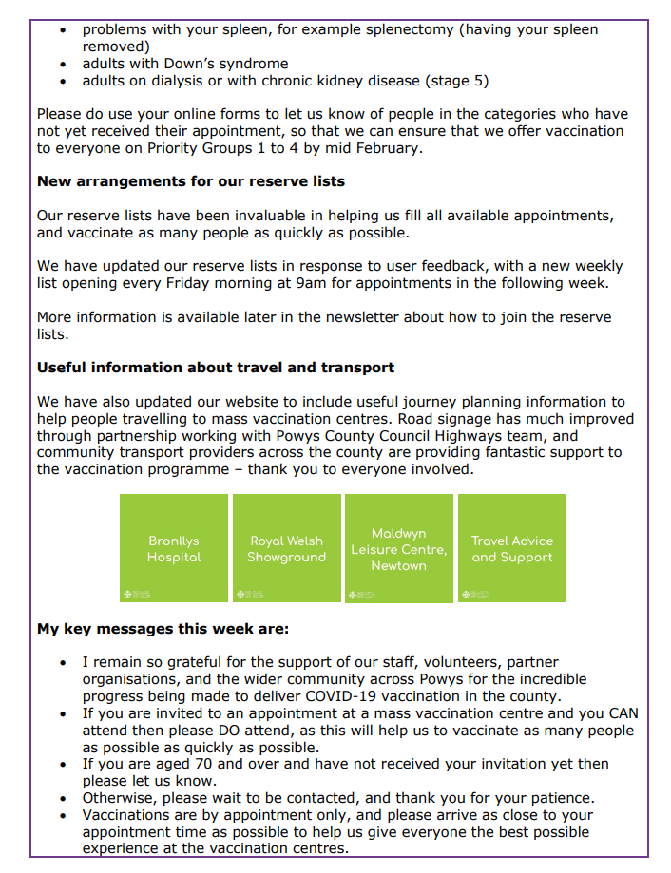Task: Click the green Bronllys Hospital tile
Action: [174, 548]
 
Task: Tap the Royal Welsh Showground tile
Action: [286, 548]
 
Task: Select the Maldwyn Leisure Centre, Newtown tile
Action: [399, 548]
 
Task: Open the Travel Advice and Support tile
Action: [511, 548]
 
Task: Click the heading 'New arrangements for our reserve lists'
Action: [191, 180]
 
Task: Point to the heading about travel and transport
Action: [216, 367]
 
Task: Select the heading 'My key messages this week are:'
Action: [163, 629]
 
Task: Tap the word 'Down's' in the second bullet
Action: [193, 64]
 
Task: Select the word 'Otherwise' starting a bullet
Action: [119, 798]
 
